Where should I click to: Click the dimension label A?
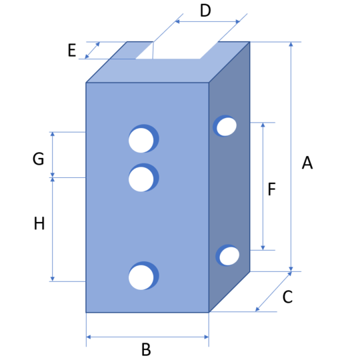(x=307, y=163)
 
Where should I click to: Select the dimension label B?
(x=146, y=349)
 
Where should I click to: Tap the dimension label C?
(x=287, y=297)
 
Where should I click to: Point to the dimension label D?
(x=205, y=11)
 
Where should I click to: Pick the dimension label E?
(x=72, y=50)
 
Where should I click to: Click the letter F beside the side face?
(x=271, y=189)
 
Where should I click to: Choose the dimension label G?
(x=39, y=159)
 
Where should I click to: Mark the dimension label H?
(x=39, y=223)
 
